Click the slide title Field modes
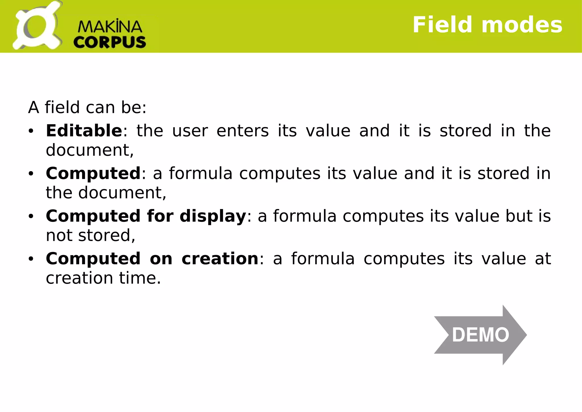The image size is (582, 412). pyautogui.click(x=487, y=25)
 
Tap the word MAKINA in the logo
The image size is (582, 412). pyautogui.click(x=110, y=27)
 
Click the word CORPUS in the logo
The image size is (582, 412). pyautogui.click(x=110, y=42)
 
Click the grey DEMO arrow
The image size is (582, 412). pyautogui.click(x=480, y=335)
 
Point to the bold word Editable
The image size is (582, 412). pyautogui.click(x=84, y=131)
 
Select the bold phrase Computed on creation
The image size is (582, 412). pyautogui.click(x=152, y=259)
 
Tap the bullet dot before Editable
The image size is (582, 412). pyautogui.click(x=31, y=131)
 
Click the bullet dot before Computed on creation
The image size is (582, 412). pyautogui.click(x=31, y=259)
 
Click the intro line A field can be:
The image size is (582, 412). pyautogui.click(x=87, y=108)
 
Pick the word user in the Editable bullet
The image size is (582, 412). pyautogui.click(x=190, y=131)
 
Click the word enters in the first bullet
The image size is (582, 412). pyautogui.click(x=242, y=131)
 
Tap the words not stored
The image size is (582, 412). pyautogui.click(x=90, y=235)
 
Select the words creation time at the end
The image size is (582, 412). pyautogui.click(x=103, y=278)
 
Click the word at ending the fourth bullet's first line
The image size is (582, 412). pyautogui.click(x=543, y=259)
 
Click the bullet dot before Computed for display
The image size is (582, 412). pyautogui.click(x=31, y=217)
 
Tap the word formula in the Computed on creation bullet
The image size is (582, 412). pyautogui.click(x=323, y=259)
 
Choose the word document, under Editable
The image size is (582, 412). pyautogui.click(x=90, y=150)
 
